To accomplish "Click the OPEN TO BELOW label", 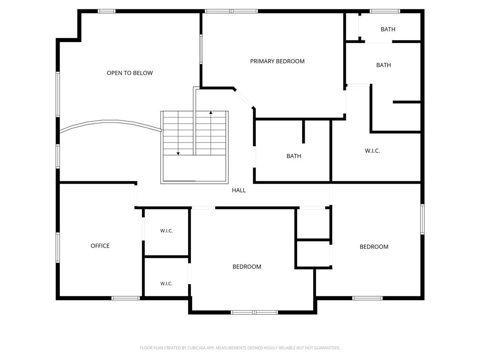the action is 130,73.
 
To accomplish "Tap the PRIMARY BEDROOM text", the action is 277,61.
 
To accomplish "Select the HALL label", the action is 239,190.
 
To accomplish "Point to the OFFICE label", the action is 100,246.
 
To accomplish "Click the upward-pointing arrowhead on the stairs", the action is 211,112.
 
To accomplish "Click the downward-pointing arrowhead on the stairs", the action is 178,153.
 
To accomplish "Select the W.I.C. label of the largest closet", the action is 372,150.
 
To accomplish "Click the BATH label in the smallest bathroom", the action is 388,30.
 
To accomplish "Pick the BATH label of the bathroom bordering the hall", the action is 294,156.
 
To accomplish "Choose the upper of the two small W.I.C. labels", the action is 166,231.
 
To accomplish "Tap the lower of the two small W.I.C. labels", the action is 166,284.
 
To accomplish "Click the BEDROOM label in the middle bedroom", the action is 247,267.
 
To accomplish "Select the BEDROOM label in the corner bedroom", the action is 374,247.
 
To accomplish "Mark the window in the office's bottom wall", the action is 126,298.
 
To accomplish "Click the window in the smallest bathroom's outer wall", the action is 385,11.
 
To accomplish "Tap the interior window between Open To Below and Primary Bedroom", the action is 201,49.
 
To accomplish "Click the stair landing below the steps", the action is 195,169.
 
